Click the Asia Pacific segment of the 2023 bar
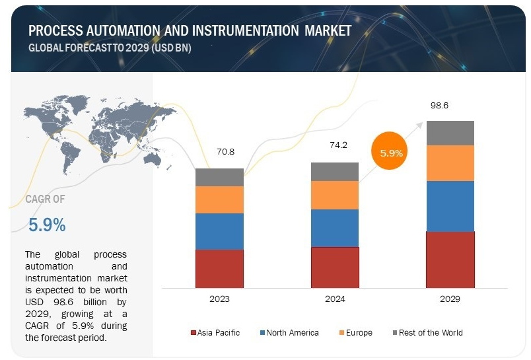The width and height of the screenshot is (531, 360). [219, 268]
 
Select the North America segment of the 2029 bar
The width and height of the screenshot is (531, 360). [450, 206]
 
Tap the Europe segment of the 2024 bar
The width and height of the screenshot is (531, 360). [335, 195]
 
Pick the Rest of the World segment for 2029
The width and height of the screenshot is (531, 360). [450, 133]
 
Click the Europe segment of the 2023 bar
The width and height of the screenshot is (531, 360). [219, 199]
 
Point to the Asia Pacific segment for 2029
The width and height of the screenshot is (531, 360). [450, 260]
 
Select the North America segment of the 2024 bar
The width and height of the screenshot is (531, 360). [335, 228]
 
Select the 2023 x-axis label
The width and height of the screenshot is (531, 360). [219, 299]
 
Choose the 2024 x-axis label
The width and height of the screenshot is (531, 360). [335, 299]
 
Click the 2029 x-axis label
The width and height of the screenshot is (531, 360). [450, 299]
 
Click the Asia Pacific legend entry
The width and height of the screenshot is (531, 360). [215, 332]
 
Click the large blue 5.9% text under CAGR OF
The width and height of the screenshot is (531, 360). [47, 225]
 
